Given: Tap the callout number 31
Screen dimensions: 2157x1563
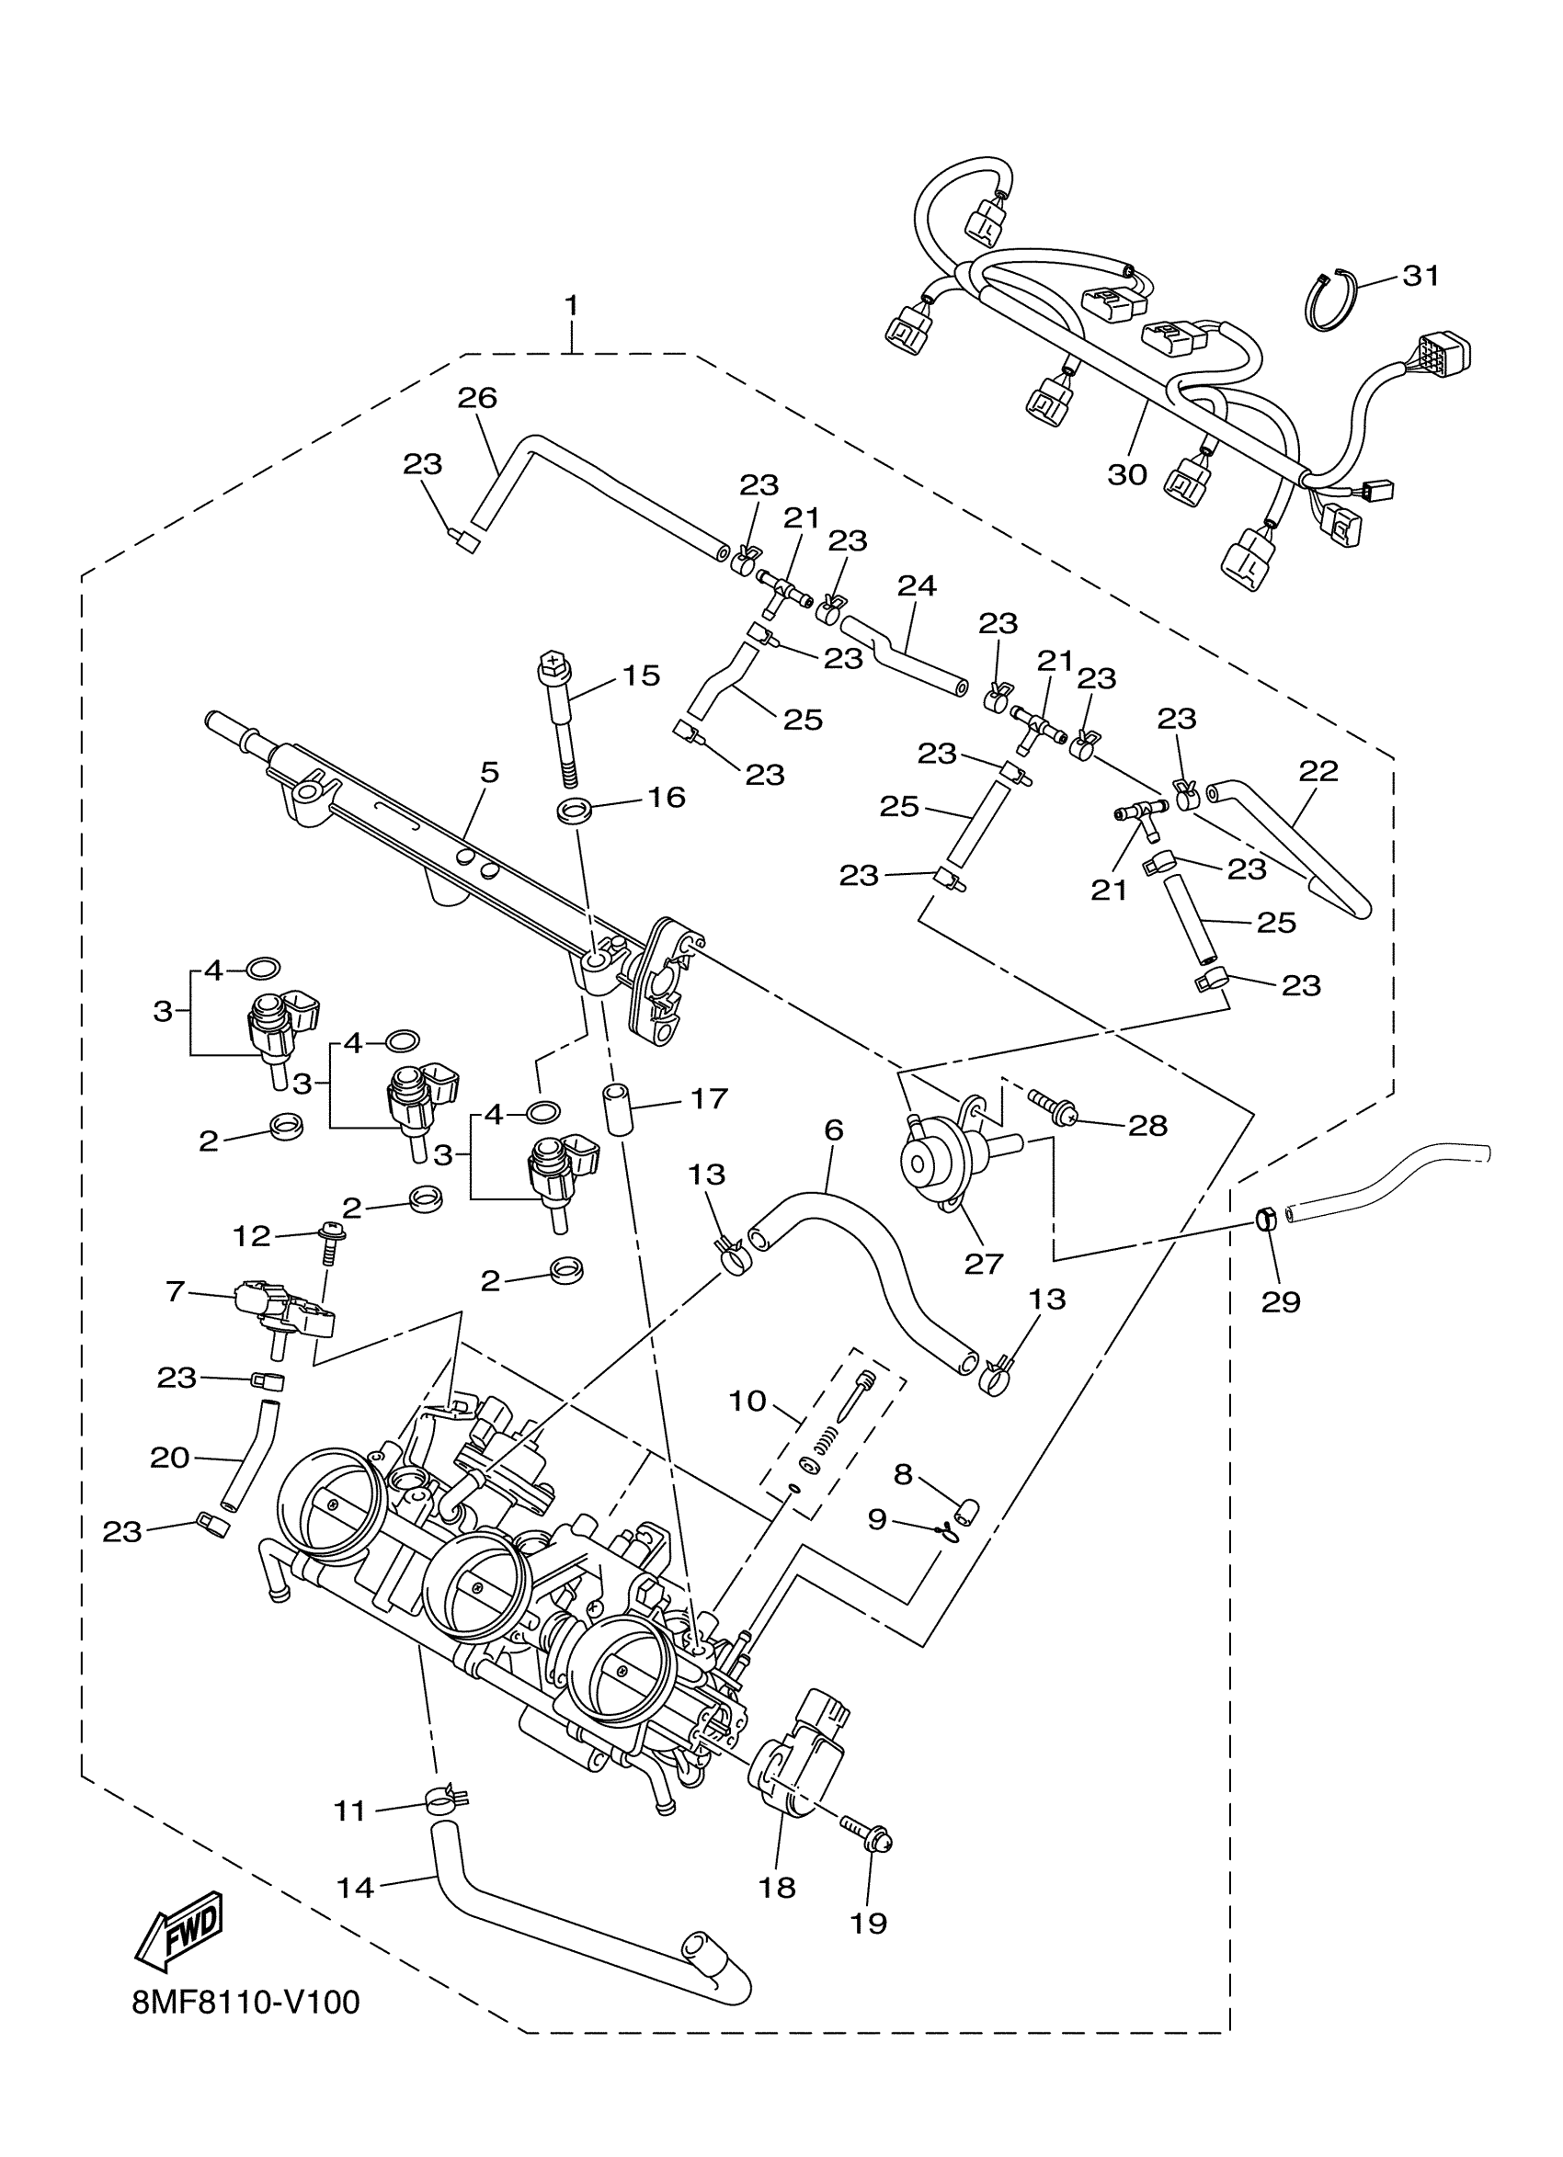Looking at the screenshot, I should point(1421,276).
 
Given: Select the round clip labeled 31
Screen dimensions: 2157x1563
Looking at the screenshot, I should point(1328,301).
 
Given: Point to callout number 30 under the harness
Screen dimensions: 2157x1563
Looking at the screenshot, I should point(1127,473).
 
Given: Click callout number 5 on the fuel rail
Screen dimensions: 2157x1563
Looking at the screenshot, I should point(489,772).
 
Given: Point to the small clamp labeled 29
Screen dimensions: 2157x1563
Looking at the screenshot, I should point(1266,1219).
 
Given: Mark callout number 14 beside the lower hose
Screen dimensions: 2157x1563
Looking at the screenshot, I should point(356,1887).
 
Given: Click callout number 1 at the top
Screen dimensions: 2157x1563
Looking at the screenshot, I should point(571,306).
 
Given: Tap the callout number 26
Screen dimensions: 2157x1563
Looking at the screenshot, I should point(476,398).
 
